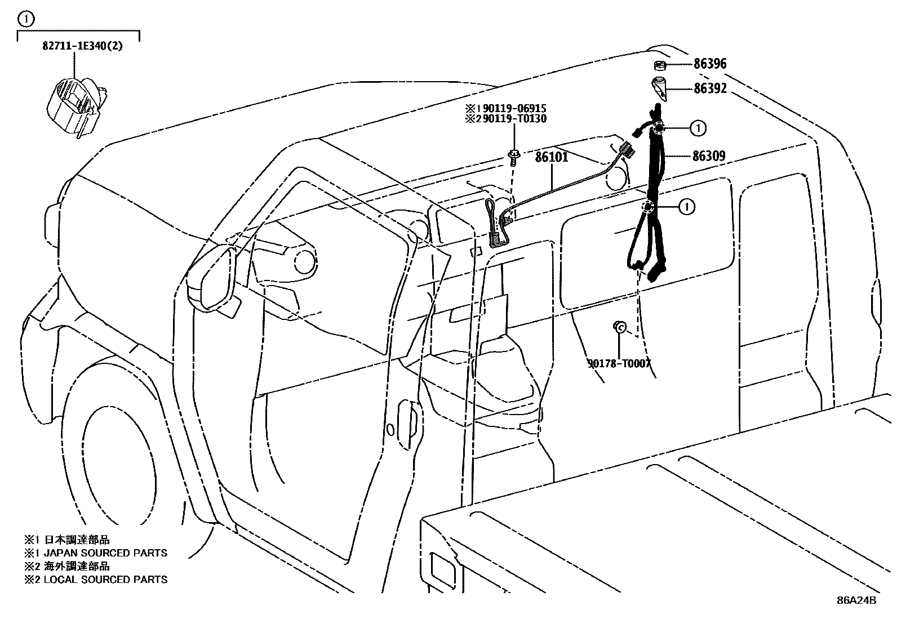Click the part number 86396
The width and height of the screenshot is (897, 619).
click(709, 64)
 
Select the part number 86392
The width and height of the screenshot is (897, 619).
click(709, 88)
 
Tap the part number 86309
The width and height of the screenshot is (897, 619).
click(708, 156)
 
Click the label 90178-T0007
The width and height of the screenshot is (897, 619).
click(619, 363)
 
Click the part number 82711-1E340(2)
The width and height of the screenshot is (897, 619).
click(82, 46)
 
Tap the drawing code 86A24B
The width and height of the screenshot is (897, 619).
click(856, 600)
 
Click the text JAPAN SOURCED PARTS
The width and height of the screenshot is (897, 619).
click(105, 553)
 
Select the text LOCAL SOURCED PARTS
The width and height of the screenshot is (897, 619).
click(105, 579)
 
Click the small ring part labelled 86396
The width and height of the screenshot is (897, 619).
click(660, 65)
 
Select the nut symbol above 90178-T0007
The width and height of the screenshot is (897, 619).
click(619, 326)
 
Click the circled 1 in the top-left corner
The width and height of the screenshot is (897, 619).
click(25, 19)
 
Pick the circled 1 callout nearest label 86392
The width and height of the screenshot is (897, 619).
click(698, 128)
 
